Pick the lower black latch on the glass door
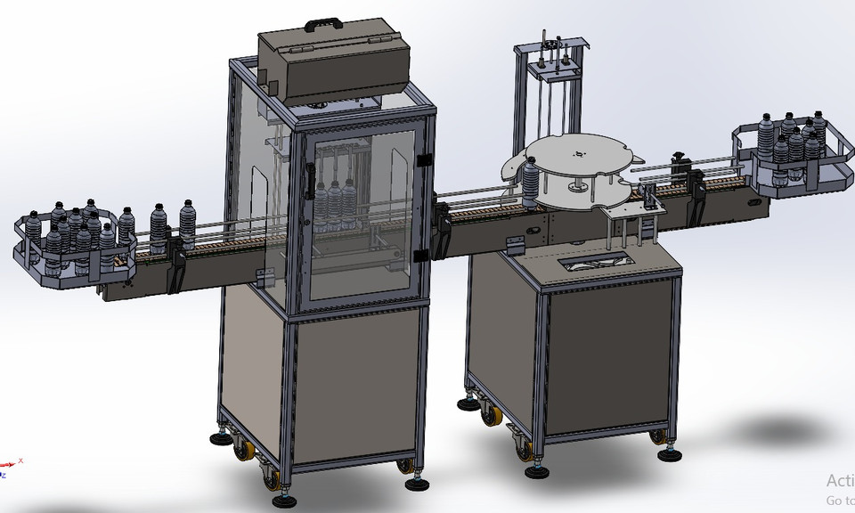(x=419, y=256)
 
